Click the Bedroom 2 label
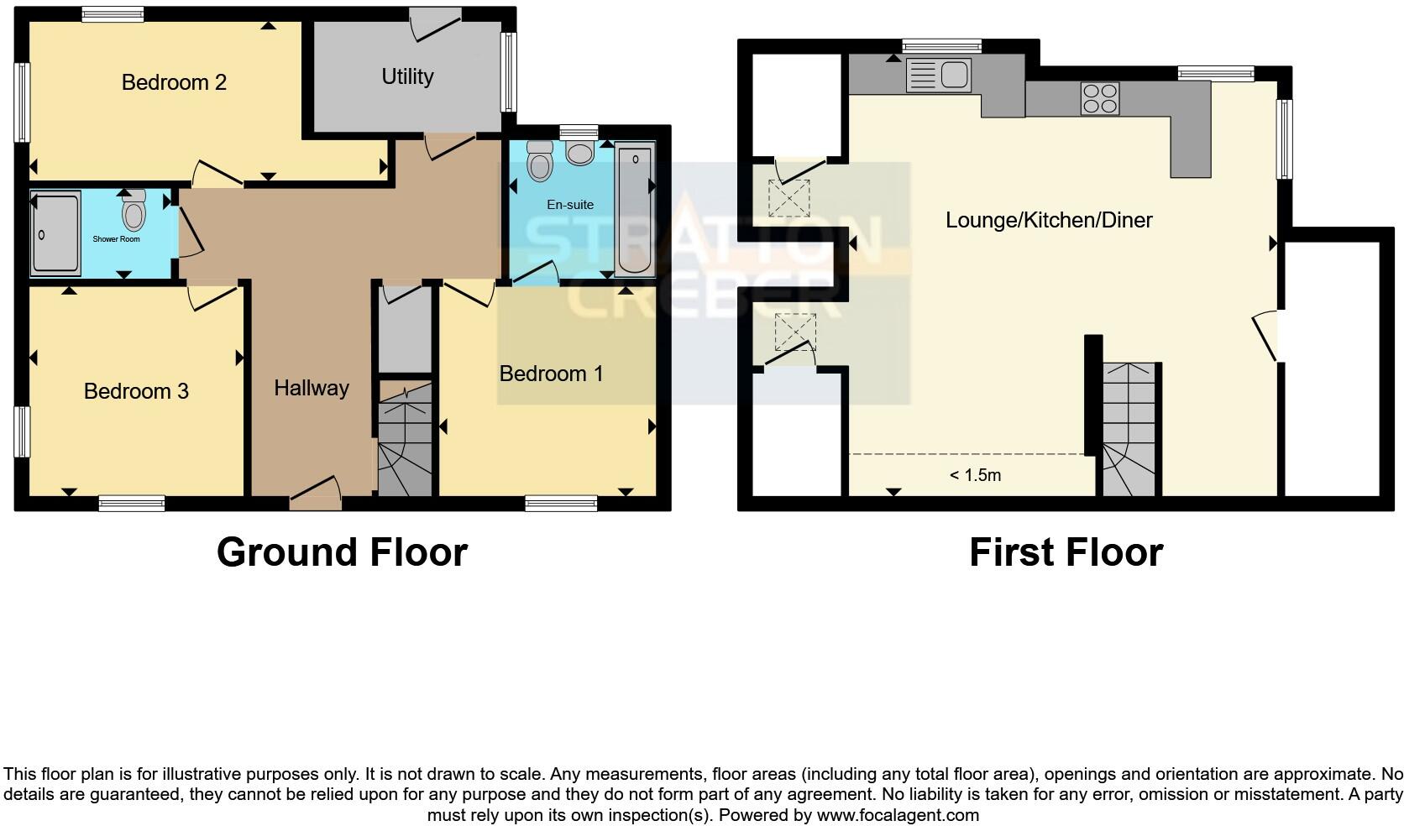(174, 82)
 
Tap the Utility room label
(407, 76)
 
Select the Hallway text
(312, 388)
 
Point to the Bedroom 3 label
(136, 391)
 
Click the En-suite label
(570, 205)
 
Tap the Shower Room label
(116, 239)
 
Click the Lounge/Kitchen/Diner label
(1049, 220)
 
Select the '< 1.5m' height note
(975, 475)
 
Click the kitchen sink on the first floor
(939, 75)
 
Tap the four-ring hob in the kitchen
(1099, 98)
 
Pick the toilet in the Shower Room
(134, 211)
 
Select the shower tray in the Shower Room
(55, 233)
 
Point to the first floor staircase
(1129, 428)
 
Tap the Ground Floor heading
(342, 552)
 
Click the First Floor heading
(1066, 552)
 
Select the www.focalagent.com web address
(898, 814)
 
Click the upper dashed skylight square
(789, 198)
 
